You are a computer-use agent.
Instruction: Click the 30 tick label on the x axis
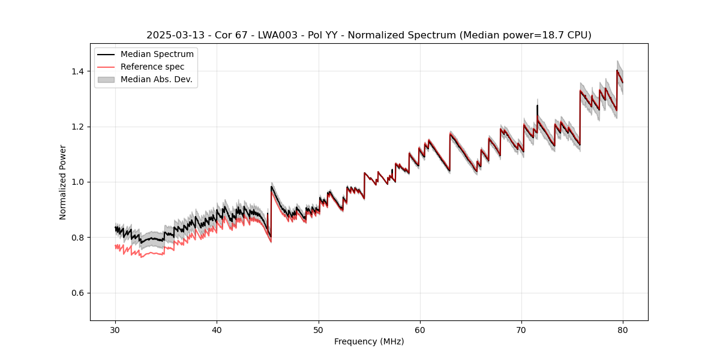(115, 329)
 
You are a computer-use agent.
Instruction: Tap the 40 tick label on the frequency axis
(217, 329)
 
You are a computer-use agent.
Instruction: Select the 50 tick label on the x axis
(318, 329)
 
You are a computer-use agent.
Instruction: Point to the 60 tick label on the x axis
(420, 329)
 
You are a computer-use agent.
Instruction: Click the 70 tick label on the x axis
(521, 329)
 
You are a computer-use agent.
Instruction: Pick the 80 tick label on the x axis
(623, 329)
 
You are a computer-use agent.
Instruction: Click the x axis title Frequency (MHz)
(369, 341)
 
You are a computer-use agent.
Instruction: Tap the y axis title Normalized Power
(62, 182)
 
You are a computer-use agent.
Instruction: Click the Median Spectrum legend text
(157, 55)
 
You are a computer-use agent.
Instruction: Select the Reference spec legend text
(152, 67)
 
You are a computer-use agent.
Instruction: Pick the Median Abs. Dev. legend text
(156, 79)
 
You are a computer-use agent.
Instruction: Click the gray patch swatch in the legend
(107, 79)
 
